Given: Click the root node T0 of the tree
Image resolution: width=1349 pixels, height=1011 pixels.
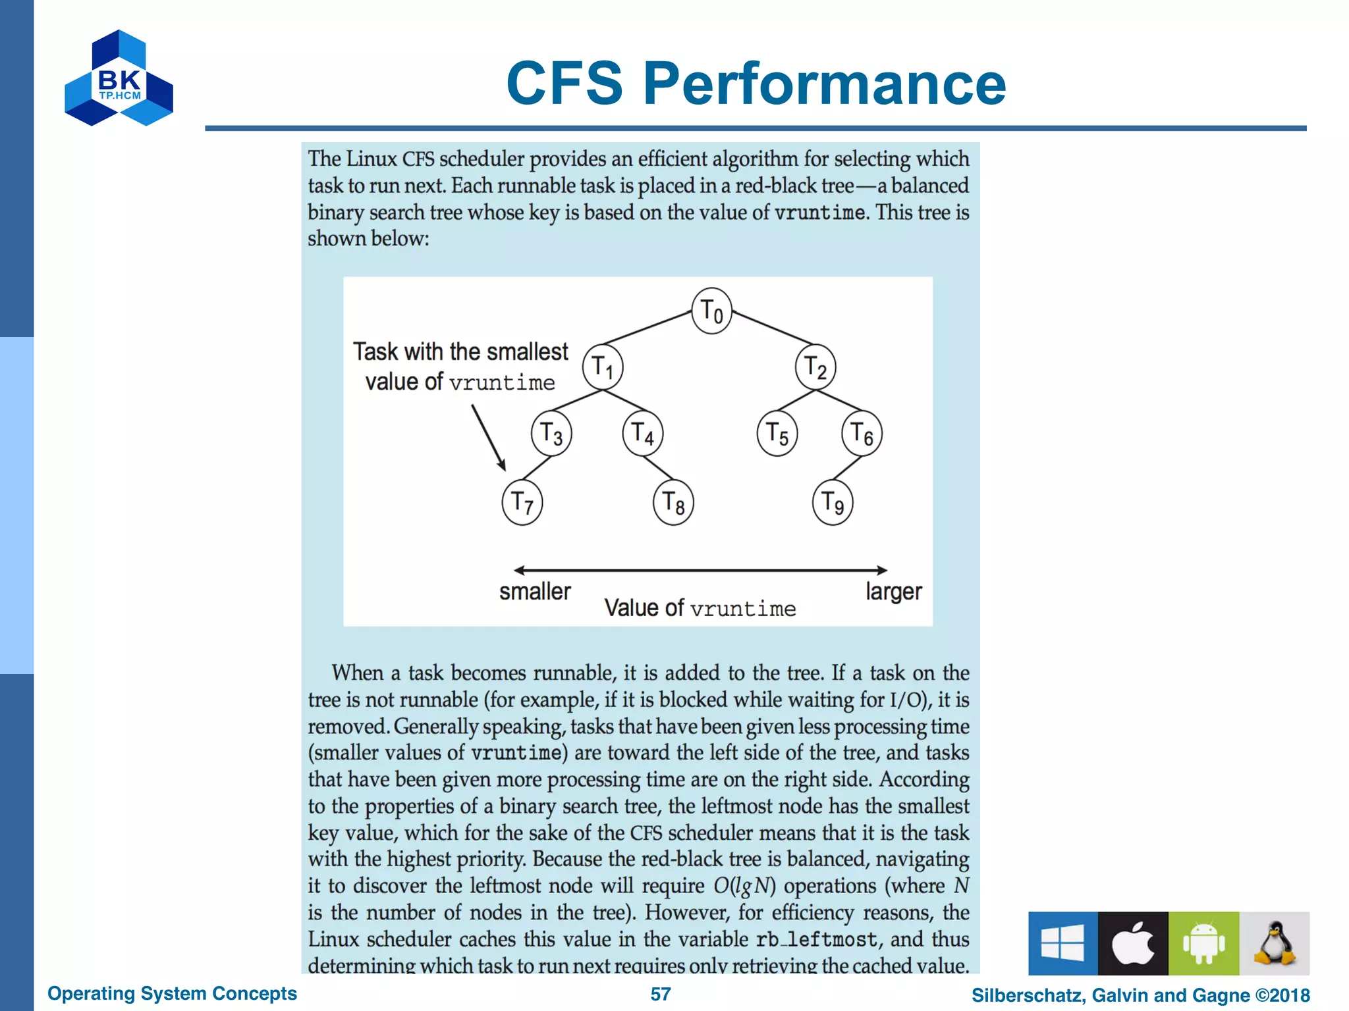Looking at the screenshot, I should (x=711, y=311).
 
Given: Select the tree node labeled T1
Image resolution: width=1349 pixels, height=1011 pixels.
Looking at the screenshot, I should (x=603, y=367).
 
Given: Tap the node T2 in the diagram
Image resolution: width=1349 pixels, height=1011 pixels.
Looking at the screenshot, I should (x=815, y=367).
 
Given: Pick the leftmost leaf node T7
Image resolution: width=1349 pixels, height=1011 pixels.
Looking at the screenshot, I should (x=522, y=503).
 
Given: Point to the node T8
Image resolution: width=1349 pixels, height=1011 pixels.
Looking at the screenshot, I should (x=673, y=503).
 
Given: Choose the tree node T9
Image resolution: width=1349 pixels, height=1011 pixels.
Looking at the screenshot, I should (x=833, y=503).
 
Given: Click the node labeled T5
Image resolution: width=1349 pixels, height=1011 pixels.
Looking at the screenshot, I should (x=777, y=434).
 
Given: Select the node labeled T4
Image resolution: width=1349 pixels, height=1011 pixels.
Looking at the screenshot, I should (x=643, y=434).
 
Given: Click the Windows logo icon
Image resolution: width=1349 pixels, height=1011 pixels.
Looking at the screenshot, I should (x=1062, y=943).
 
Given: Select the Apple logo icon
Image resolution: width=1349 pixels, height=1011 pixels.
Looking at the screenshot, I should (x=1133, y=943).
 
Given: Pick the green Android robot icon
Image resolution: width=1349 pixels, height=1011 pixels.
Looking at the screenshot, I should (x=1203, y=943).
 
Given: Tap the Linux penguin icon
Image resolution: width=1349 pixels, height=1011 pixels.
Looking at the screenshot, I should (x=1275, y=943).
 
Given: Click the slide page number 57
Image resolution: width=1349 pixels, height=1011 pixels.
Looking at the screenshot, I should (x=661, y=994).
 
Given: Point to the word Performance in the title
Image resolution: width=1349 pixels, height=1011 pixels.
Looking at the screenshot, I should (x=825, y=84).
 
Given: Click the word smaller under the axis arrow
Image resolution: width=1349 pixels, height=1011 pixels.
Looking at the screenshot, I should (x=535, y=592).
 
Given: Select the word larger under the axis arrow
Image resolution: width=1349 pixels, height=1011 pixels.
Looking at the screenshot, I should (x=894, y=592).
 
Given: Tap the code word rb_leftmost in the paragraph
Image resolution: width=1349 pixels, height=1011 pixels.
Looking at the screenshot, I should (x=817, y=939).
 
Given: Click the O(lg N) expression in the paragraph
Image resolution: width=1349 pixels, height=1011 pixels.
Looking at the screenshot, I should (x=744, y=886).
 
